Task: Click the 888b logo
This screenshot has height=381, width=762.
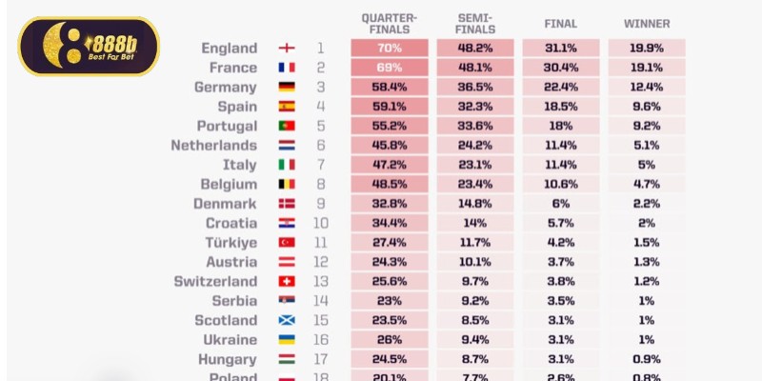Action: [89, 46]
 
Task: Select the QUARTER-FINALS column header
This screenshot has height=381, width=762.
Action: [389, 23]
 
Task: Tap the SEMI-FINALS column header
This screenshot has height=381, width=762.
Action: [474, 23]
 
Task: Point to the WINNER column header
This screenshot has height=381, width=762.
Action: [647, 23]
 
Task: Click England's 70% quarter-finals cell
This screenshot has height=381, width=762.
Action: [389, 49]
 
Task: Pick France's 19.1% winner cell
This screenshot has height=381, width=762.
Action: [647, 68]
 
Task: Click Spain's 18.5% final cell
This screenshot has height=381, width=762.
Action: [560, 107]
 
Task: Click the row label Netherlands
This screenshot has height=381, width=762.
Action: [213, 146]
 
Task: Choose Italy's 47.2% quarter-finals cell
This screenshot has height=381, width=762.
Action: [389, 165]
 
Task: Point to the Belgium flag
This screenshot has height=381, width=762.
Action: [286, 185]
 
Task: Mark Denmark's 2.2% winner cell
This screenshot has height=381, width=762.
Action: [647, 204]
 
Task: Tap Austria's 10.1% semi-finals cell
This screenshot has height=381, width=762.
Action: [474, 262]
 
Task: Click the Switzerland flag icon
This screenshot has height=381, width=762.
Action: [286, 282]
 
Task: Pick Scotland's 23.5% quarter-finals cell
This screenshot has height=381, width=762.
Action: [389, 321]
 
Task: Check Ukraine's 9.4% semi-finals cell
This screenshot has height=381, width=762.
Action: [474, 340]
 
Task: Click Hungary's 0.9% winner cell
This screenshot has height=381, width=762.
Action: [647, 360]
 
